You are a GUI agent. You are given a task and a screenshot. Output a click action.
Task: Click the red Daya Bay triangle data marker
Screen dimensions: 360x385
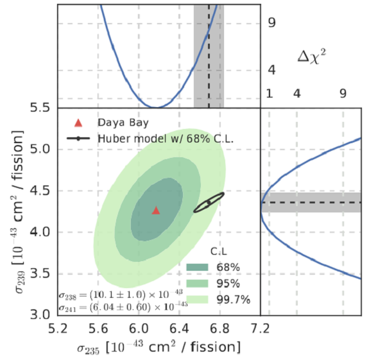[156, 210]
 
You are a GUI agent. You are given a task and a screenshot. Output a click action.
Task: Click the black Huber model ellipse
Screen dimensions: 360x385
[209, 202]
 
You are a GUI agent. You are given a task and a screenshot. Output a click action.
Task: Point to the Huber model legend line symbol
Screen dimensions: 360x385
[78, 137]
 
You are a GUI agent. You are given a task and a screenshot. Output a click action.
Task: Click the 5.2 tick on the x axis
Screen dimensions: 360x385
[58, 328]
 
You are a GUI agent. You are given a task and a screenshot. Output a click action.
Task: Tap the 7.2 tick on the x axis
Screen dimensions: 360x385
[261, 328]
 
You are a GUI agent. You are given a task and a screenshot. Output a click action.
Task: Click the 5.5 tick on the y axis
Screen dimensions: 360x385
[42, 107]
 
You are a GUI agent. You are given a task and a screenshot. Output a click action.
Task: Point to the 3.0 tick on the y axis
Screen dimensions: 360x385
[42, 314]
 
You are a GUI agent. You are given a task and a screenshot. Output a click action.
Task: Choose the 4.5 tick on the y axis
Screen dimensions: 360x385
[42, 191]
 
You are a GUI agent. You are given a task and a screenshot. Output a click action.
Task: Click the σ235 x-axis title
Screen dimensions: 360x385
[158, 347]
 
